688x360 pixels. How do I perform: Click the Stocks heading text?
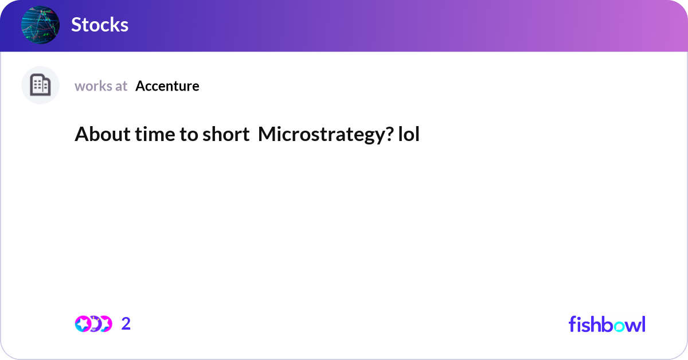[x=100, y=25]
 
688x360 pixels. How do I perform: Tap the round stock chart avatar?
[x=40, y=25]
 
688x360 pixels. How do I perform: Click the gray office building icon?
[x=40, y=85]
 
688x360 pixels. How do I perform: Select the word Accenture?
[x=167, y=86]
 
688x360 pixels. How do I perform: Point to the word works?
[x=93, y=86]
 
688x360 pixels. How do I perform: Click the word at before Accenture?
[x=121, y=87]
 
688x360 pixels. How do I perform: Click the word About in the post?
[x=103, y=134]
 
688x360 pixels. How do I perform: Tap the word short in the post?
[x=226, y=134]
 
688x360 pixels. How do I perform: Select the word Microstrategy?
[x=322, y=135]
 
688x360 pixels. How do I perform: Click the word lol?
[x=409, y=134]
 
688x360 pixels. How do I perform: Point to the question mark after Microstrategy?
[x=390, y=134]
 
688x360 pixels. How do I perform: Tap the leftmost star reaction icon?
[x=83, y=324]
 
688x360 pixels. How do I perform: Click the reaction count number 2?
[x=126, y=323]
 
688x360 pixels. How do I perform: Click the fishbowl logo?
[x=607, y=324]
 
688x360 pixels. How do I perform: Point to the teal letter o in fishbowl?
[x=619, y=326]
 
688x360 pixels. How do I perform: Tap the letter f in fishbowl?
[x=572, y=324]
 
